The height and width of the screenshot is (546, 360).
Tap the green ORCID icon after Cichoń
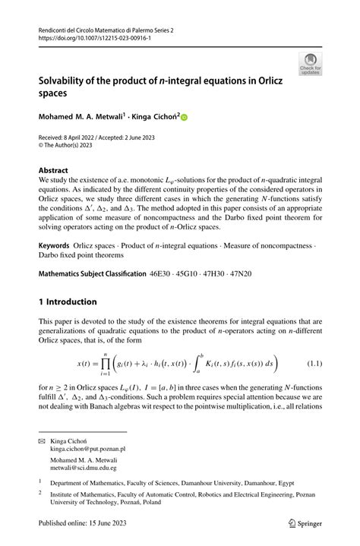pos(183,118)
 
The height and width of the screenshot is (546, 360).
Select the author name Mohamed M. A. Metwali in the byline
pos(81,118)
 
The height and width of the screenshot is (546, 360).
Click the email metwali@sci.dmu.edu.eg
pos(87,469)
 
